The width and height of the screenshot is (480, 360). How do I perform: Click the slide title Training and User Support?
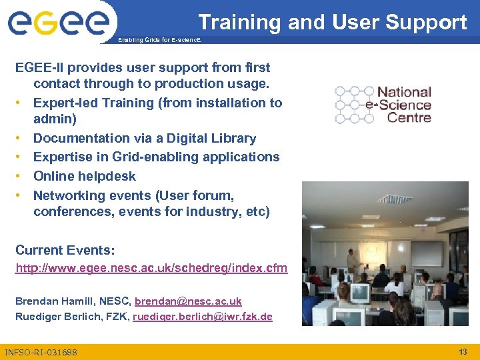(332, 22)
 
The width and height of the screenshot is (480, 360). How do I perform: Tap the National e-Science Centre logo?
(383, 105)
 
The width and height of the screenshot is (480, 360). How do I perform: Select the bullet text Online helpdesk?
(84, 176)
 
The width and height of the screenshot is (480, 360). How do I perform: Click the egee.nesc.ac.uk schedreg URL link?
(151, 268)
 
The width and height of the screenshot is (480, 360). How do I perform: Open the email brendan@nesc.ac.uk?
(188, 301)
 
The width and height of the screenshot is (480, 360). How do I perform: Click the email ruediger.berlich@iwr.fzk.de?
(203, 317)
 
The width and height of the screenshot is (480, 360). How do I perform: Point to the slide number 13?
(463, 351)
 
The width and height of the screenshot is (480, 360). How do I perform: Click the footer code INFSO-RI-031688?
(41, 352)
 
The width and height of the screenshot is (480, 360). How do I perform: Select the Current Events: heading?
(65, 250)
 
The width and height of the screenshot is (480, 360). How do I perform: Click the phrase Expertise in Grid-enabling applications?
(156, 157)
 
